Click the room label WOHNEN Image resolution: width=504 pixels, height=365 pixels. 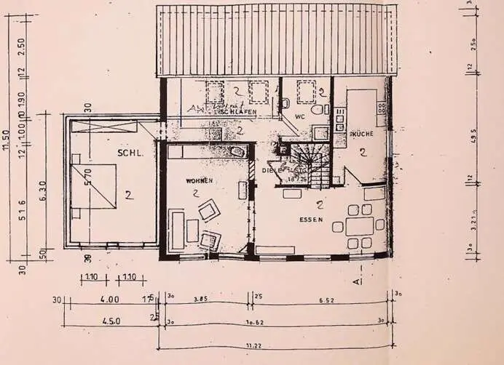click(x=199, y=180)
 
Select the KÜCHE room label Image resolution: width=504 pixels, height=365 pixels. click(x=362, y=135)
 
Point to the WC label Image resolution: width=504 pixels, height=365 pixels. click(x=300, y=116)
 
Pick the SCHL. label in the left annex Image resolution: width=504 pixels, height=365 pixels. click(x=129, y=153)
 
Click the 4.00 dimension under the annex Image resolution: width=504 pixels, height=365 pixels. click(x=110, y=299)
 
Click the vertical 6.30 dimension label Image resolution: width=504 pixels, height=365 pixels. click(x=44, y=190)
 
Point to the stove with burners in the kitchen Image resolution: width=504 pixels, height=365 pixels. click(x=339, y=119)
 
